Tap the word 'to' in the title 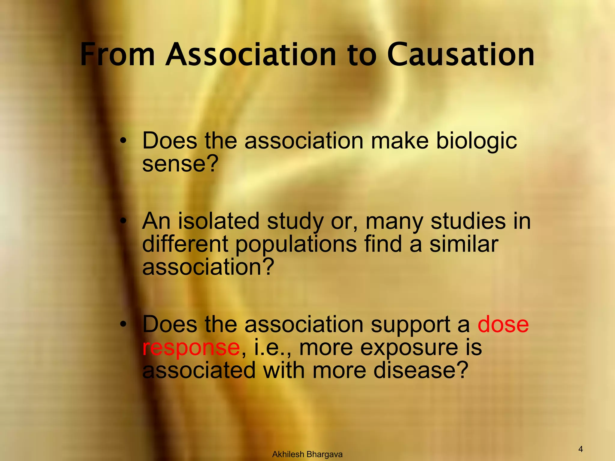(362, 55)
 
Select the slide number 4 (580, 449)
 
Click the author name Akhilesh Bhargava (307, 454)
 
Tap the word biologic (476, 141)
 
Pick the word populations (296, 244)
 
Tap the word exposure (409, 348)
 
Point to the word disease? (421, 370)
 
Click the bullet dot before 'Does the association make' (123, 141)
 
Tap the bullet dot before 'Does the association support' (123, 325)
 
